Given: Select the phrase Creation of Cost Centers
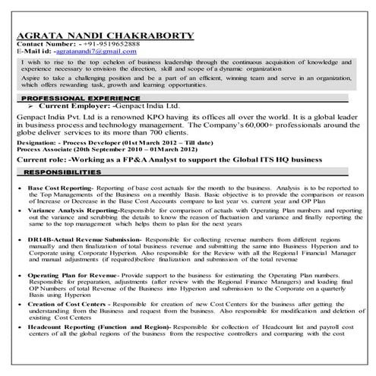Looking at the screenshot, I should click(67, 304).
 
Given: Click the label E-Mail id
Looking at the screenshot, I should click(34, 52).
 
